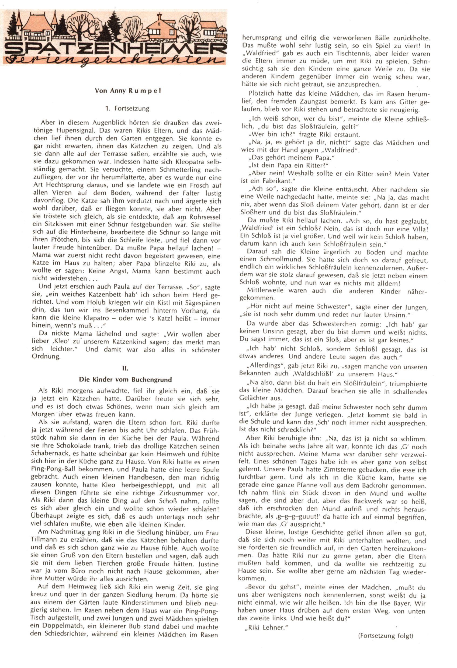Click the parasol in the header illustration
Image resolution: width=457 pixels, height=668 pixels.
[221, 30]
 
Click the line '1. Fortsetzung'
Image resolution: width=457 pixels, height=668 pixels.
[127, 108]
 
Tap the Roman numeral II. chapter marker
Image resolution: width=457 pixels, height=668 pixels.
[125, 368]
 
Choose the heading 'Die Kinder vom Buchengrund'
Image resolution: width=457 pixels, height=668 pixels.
[125, 380]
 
